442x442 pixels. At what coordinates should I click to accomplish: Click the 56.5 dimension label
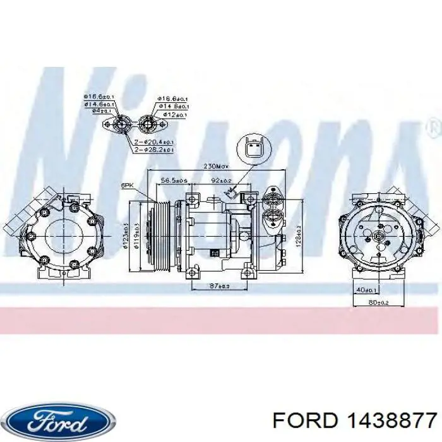click(x=172, y=181)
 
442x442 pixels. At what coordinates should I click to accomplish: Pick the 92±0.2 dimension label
click(x=221, y=181)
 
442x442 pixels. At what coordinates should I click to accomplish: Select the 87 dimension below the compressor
click(x=220, y=286)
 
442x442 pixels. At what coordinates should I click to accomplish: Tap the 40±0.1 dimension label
click(x=366, y=290)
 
